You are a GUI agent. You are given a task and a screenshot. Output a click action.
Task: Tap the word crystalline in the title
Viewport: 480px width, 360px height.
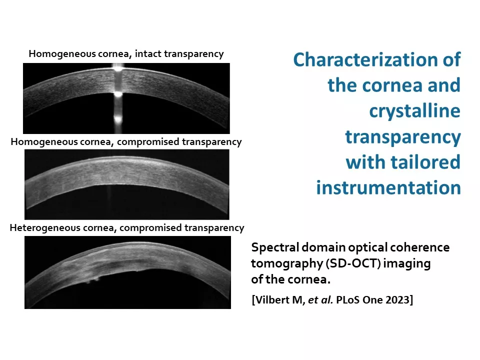415,111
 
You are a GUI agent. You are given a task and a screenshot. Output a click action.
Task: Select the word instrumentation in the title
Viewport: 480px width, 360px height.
388,187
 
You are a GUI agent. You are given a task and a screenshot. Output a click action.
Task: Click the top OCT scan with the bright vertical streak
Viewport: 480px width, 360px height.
126,98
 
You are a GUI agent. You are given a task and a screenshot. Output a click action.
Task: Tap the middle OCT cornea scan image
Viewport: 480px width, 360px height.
126,184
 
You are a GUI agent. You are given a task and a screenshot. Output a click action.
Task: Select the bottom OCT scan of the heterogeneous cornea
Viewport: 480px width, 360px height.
127,272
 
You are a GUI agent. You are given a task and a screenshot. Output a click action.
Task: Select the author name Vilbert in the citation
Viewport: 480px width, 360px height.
273,299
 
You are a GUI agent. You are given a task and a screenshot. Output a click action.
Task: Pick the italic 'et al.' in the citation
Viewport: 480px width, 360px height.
320,299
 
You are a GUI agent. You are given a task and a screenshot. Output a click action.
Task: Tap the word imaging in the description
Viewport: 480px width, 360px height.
407,264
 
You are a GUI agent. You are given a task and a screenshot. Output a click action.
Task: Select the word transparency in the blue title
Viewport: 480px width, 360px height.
403,137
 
